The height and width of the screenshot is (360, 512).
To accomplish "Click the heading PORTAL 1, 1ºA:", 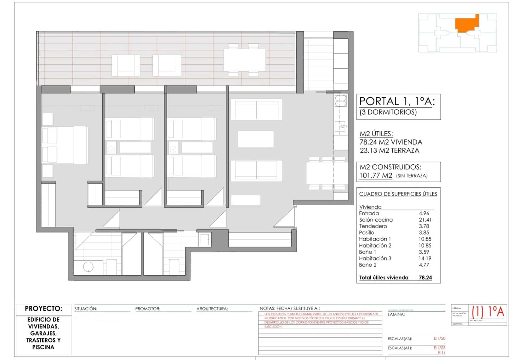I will [397, 102].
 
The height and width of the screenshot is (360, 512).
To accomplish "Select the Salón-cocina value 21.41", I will [425, 220].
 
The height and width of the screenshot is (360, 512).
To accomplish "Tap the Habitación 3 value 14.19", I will [425, 258].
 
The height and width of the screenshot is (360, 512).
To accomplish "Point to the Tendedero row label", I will [373, 226].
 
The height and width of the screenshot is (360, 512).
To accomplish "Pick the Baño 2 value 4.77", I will [424, 265].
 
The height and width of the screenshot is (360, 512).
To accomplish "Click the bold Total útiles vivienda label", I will [383, 278].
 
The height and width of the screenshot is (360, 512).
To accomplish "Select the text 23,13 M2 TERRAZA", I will [389, 151].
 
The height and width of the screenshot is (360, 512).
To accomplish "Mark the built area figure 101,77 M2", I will [376, 176].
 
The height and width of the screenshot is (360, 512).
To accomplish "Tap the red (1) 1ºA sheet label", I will [488, 311].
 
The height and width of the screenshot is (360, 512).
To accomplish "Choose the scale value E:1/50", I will [439, 338].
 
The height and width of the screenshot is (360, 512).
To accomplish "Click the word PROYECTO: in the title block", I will [44, 309].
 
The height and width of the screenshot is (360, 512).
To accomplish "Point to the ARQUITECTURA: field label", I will [212, 309].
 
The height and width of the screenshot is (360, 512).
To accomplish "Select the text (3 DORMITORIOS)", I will [388, 112].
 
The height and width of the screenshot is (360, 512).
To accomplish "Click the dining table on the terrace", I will [244, 60].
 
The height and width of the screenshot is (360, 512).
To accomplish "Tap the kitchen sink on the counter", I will [340, 126].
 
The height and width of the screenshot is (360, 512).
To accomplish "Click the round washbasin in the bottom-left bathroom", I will [88, 266].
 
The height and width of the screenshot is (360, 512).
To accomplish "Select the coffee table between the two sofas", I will [255, 139].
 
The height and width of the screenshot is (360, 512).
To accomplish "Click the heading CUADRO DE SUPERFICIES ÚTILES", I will [398, 194].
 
